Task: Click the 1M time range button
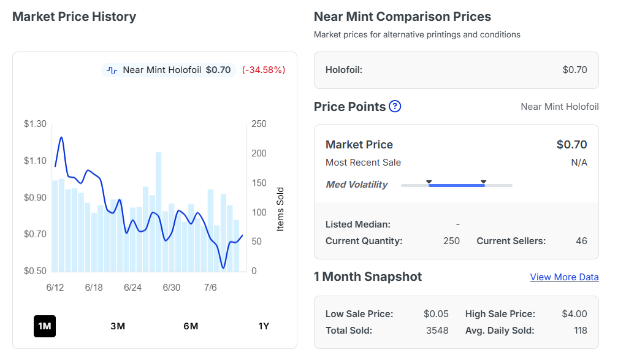tap(45, 326)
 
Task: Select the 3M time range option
tap(118, 326)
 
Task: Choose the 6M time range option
tap(191, 326)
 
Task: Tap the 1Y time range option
tap(264, 326)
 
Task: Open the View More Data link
tap(564, 277)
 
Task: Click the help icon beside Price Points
tap(395, 106)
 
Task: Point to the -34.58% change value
tap(264, 70)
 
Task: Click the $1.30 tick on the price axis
tap(35, 124)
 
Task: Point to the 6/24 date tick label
tap(132, 287)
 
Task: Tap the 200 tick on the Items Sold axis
tap(259, 153)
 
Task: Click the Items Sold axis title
tap(280, 209)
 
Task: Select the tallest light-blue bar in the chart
tap(159, 212)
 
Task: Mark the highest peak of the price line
tap(61, 137)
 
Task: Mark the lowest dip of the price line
tap(223, 267)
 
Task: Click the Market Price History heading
tap(74, 17)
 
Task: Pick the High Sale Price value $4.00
tap(574, 313)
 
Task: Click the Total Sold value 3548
tap(437, 331)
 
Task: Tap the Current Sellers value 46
tap(581, 241)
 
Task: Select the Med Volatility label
tap(356, 184)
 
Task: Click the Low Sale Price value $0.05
tap(436, 313)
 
